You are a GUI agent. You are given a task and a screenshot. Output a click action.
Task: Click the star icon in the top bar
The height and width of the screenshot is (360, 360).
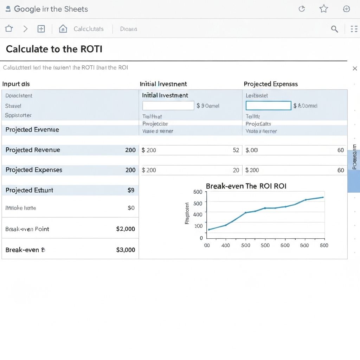point(323,9)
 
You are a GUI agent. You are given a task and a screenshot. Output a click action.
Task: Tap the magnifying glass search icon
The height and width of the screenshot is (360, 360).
point(335,29)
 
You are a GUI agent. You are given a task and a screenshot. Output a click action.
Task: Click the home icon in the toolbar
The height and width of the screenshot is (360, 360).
point(63,29)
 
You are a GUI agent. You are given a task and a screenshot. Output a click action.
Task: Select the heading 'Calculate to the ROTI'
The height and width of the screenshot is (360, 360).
point(54,49)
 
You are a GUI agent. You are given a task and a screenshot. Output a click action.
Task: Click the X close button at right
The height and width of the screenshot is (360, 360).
point(355,69)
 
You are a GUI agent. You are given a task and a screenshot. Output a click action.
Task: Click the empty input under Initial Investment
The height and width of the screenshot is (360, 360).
point(168,105)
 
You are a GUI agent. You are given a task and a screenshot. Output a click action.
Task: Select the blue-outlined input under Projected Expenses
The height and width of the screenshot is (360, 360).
point(268,105)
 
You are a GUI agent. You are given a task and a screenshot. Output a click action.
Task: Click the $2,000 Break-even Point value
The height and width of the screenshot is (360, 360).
point(126,229)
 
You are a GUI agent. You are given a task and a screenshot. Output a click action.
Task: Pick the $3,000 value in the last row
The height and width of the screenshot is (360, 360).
point(126,250)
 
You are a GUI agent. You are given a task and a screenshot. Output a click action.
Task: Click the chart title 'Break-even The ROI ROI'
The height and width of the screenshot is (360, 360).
point(246,186)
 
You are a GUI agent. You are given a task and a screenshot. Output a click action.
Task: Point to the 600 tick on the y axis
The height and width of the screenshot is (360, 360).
point(198,192)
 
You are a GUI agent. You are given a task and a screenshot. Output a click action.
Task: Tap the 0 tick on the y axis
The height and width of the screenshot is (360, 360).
point(201,238)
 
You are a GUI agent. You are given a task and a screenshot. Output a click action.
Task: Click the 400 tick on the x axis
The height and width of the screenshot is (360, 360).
point(225,245)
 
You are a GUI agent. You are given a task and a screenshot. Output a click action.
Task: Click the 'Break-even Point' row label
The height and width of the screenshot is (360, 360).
point(27,229)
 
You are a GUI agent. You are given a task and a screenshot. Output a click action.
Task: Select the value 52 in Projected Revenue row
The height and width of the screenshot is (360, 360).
point(236,150)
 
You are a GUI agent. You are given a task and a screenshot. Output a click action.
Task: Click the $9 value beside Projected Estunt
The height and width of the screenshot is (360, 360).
point(131,190)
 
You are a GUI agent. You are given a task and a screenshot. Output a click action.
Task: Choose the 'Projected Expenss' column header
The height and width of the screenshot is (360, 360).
point(271,84)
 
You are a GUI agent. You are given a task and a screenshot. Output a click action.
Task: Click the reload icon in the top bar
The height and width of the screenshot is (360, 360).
point(302,9)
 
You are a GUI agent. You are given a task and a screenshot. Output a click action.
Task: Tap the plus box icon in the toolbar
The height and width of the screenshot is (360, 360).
point(41,29)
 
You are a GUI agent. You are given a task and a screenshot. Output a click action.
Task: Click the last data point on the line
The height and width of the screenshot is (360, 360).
point(323,197)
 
